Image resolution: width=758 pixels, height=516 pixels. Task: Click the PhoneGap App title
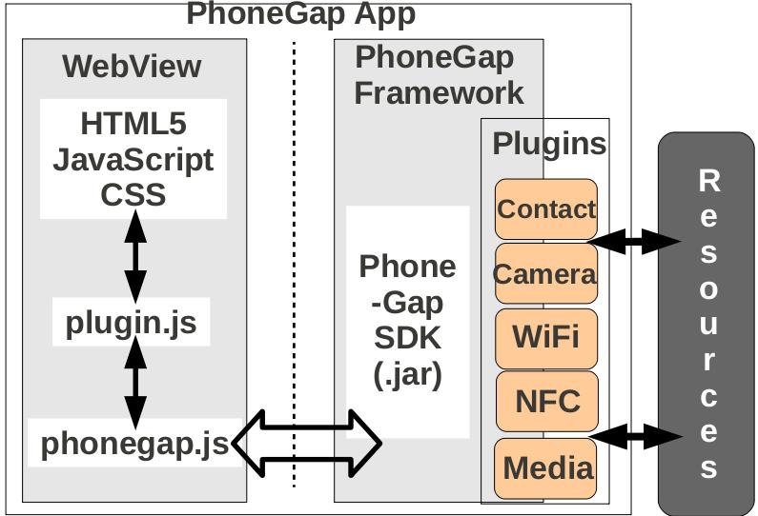pos(300,14)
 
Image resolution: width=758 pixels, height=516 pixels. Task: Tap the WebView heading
pos(132,67)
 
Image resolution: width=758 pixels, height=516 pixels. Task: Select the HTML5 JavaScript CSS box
pos(133,158)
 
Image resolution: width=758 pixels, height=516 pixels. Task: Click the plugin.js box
pos(132,324)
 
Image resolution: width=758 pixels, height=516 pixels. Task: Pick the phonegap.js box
pos(133,444)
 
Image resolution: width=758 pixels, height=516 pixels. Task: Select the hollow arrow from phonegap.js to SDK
pos(307,443)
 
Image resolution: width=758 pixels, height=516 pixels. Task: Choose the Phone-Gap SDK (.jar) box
pos(408,321)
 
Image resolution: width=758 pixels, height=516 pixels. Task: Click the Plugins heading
pos(549,144)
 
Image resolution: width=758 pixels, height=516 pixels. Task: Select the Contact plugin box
pos(546,209)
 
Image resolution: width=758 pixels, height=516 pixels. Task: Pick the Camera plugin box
pos(545,275)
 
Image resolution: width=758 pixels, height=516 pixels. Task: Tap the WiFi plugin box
pos(546,337)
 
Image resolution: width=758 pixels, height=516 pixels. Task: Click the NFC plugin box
pos(546,401)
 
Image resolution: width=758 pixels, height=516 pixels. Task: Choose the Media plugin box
pos(546,467)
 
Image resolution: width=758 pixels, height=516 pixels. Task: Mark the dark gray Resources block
pos(707,324)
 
